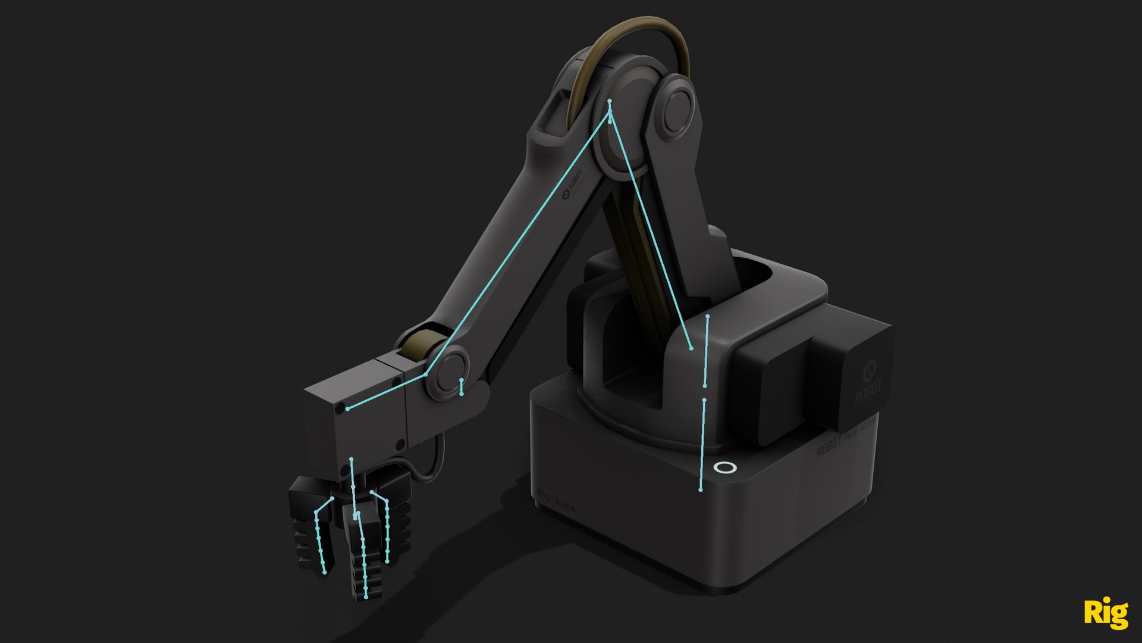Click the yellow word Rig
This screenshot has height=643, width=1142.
pyautogui.click(x=1105, y=613)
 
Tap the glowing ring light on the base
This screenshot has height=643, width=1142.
pyautogui.click(x=724, y=468)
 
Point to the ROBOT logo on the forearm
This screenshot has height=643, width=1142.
pyautogui.click(x=575, y=186)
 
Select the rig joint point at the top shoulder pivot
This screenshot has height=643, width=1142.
pyautogui.click(x=610, y=102)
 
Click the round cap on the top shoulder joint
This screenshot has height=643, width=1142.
pyautogui.click(x=675, y=111)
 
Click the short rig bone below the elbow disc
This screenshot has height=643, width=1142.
pyautogui.click(x=462, y=387)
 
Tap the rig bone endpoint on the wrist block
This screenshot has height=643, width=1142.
pyautogui.click(x=348, y=408)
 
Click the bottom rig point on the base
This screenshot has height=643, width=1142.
pyautogui.click(x=701, y=489)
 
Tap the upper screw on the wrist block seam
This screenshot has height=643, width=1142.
pyautogui.click(x=396, y=380)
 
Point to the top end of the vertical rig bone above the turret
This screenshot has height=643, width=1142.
pyautogui.click(x=708, y=316)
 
